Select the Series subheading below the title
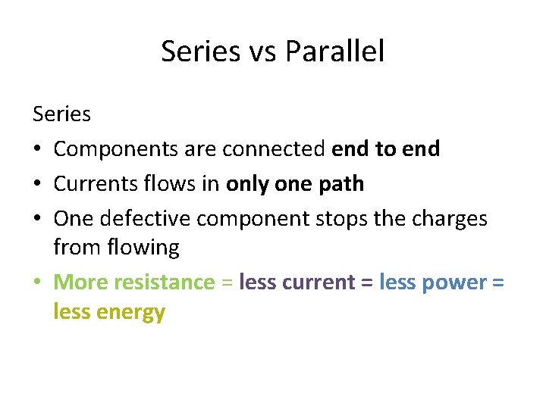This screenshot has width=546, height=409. pyautogui.click(x=61, y=114)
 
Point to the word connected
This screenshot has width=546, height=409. pyautogui.click(x=274, y=149)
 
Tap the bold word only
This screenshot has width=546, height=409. pyautogui.click(x=248, y=183)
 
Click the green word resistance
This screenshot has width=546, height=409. pyautogui.click(x=164, y=282)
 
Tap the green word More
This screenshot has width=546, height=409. pyautogui.click(x=80, y=282)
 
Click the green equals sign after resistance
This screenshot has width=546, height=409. pyautogui.click(x=227, y=283)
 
